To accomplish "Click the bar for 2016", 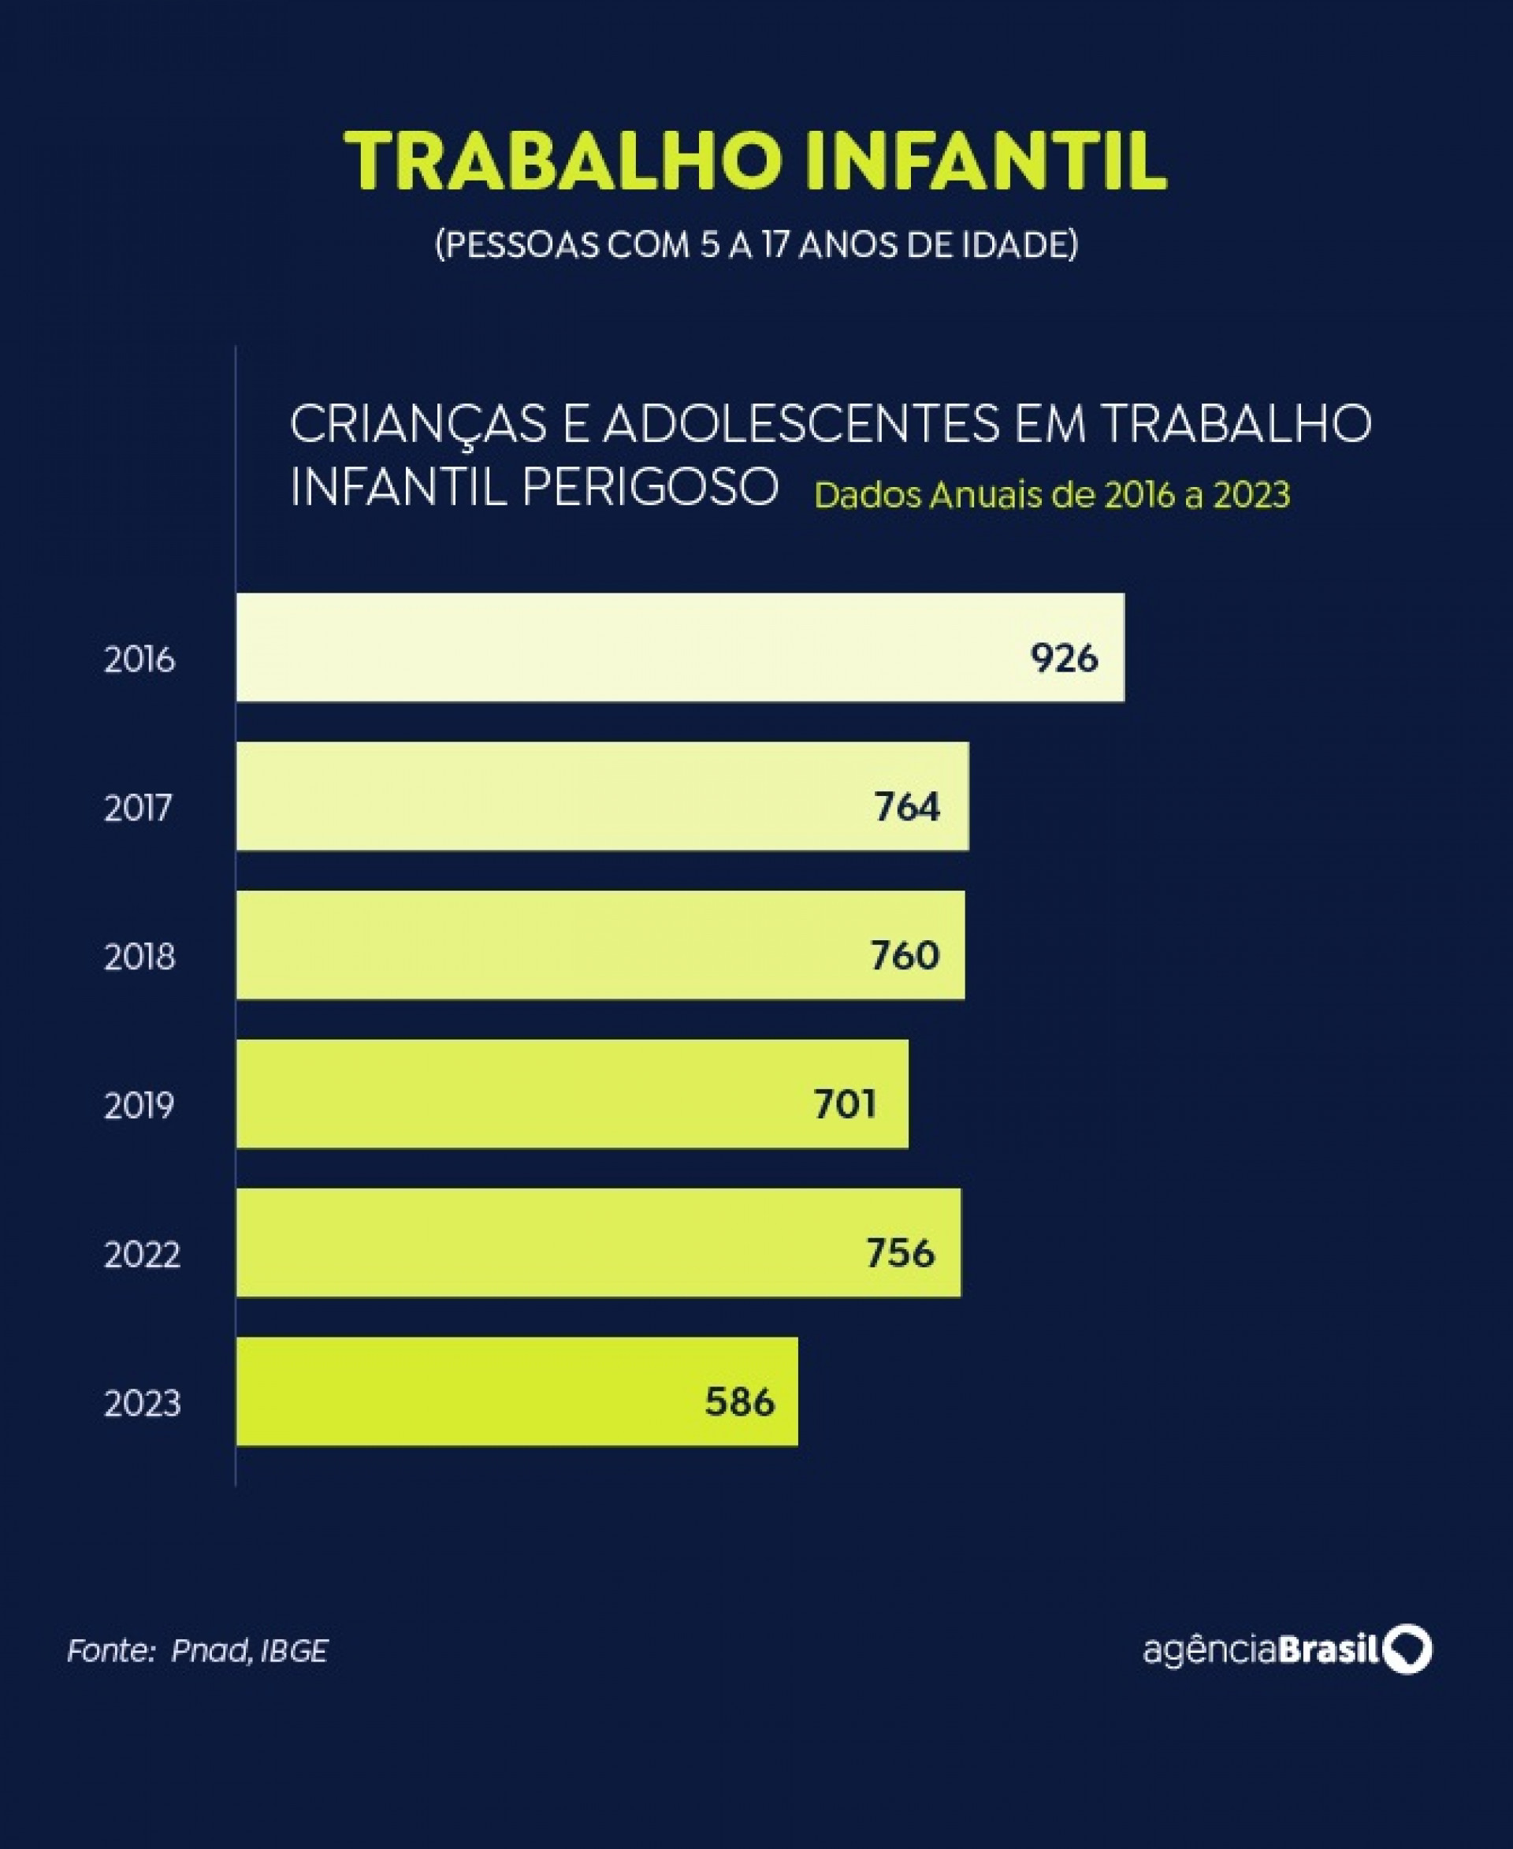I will [x=680, y=647].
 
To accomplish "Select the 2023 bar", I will [x=516, y=1391].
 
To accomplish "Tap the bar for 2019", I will [x=572, y=1093].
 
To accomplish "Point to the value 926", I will [x=1063, y=658].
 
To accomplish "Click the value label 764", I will [x=907, y=806].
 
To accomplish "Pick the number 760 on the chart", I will [x=905, y=955].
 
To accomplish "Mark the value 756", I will [x=900, y=1252].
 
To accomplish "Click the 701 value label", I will [x=845, y=1104].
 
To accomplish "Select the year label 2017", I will [x=139, y=808].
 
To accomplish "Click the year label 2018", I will [x=139, y=957].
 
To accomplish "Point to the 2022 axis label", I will [x=142, y=1256].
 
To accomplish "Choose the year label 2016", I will [x=139, y=659].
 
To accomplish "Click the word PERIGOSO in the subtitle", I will [x=649, y=486].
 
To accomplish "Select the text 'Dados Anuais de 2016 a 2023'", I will [x=1052, y=495].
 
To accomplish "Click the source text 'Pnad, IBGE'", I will [x=249, y=1651].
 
